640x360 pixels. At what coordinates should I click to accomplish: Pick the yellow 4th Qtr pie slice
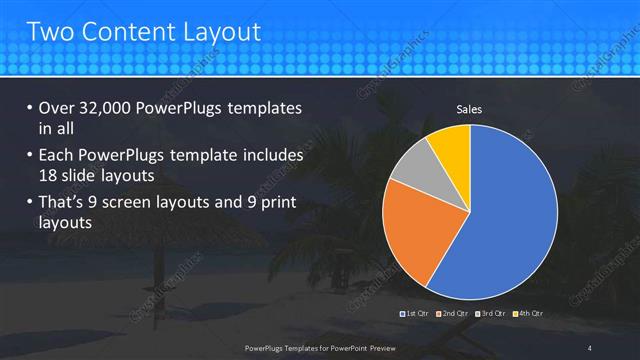tap(451, 147)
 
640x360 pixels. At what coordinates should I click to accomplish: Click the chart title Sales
tap(470, 108)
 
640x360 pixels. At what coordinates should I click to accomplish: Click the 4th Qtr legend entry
tap(528, 314)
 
